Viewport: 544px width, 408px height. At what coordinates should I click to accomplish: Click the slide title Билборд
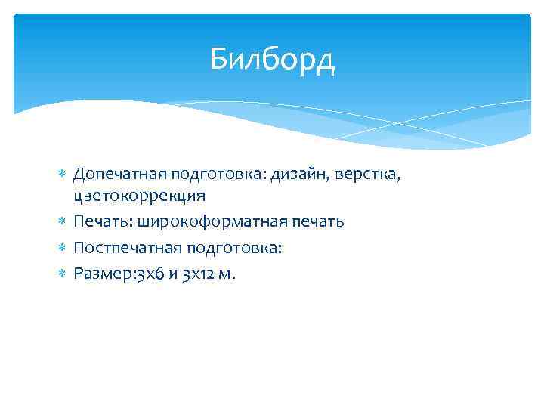272,59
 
